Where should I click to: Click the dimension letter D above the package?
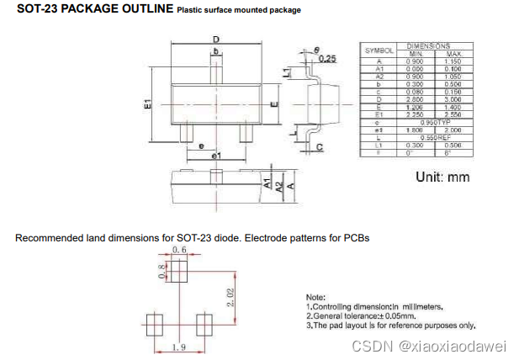(x=215, y=40)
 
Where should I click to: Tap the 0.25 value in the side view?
(x=327, y=58)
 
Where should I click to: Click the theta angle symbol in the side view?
(x=316, y=50)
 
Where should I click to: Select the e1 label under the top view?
(x=215, y=156)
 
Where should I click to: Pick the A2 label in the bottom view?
(x=278, y=185)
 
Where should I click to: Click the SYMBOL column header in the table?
(x=379, y=50)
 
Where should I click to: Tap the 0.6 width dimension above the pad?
(x=179, y=251)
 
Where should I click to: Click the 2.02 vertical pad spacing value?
(x=230, y=297)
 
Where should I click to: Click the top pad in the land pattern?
(x=179, y=271)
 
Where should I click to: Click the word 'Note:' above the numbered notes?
(x=315, y=298)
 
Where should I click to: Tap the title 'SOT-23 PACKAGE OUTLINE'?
(x=95, y=9)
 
